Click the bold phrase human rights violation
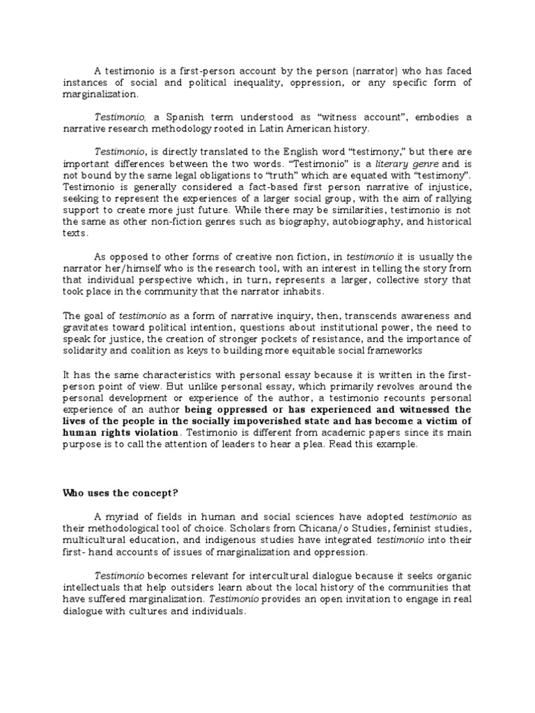tap(109, 432)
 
